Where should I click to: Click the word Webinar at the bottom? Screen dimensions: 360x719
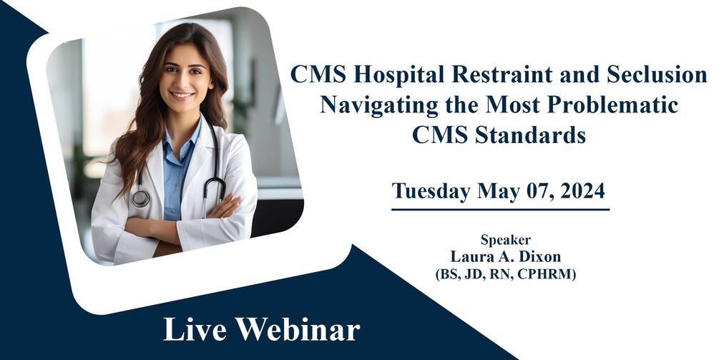[300, 330]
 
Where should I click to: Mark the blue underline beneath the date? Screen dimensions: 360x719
[500, 210]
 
